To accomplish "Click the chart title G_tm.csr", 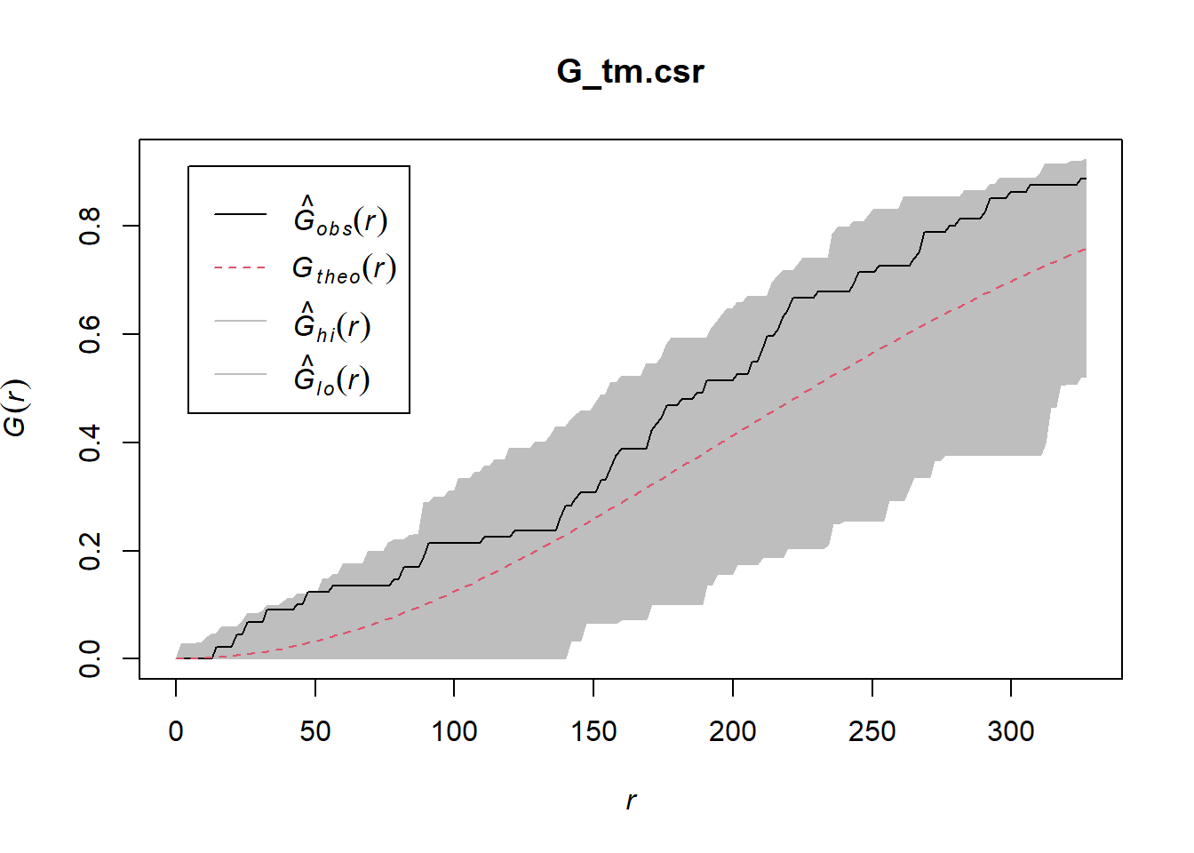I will click(630, 72).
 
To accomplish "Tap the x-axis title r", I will click(631, 801).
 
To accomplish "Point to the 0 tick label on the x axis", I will click(176, 731).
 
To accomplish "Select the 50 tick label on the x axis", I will click(315, 731).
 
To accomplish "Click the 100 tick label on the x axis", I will click(454, 731).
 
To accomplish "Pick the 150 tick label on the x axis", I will click(593, 731).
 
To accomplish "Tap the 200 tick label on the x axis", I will click(733, 731).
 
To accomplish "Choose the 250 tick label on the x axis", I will click(872, 731).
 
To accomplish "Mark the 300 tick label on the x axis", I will click(1011, 731).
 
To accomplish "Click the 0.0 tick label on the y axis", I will click(90, 658).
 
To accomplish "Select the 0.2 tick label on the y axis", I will click(90, 551).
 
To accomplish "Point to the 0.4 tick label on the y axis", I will click(90, 442).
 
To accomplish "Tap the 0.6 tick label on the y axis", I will click(90, 334).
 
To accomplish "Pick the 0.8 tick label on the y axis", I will click(90, 226).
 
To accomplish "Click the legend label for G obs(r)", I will click(340, 216).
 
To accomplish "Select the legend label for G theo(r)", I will click(344, 268).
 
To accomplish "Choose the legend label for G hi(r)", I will click(332, 323).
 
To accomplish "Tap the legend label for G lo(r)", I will click(332, 377).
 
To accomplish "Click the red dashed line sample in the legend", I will click(240, 267).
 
